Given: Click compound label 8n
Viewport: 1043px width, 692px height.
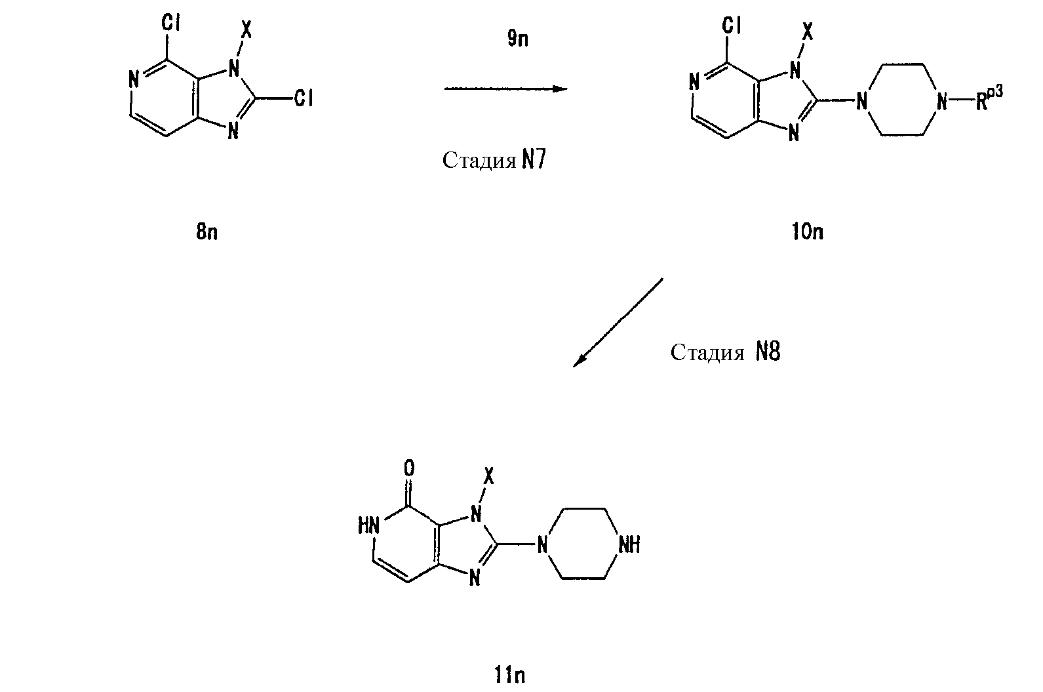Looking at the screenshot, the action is click(207, 232).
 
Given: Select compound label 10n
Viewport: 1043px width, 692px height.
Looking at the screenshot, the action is click(808, 232).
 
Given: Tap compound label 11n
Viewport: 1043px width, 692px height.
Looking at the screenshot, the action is click(509, 675).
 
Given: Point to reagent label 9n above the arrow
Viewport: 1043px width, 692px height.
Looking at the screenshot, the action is click(518, 39).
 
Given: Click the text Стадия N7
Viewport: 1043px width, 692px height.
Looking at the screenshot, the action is click(494, 160).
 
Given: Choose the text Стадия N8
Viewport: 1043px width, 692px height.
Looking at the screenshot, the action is click(725, 352).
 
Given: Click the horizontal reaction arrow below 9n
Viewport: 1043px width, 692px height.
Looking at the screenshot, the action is click(506, 89).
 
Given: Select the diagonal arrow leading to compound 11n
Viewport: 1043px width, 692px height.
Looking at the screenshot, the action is click(618, 323).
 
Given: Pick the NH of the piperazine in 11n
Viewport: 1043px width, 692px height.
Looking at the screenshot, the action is click(629, 544).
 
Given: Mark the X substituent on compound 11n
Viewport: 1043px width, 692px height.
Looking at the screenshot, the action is click(488, 476).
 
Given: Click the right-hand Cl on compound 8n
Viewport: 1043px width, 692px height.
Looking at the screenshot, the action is click(304, 98).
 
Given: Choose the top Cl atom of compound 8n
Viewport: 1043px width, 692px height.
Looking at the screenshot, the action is click(170, 22).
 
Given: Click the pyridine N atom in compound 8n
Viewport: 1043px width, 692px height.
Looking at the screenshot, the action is click(134, 80).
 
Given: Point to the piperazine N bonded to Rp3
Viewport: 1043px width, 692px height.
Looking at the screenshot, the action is click(941, 100).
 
